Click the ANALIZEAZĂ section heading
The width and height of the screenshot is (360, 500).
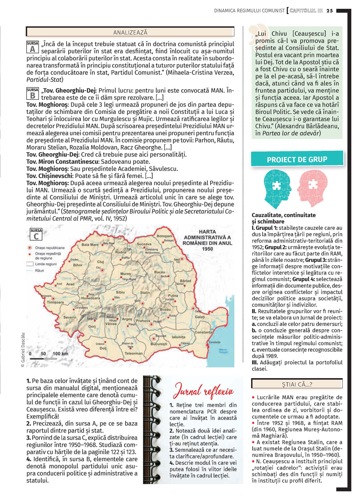pyautogui.click(x=130, y=32)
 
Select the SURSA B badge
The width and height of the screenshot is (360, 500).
pyautogui.click(x=32, y=94)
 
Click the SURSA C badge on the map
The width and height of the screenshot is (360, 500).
pyautogui.click(x=36, y=234)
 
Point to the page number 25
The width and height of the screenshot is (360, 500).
pyautogui.click(x=330, y=11)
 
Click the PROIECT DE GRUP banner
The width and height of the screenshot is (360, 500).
pyautogui.click(x=297, y=159)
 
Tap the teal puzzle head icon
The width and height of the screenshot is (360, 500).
pyautogui.click(x=277, y=188)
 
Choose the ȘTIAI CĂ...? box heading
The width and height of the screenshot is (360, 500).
pyautogui.click(x=297, y=384)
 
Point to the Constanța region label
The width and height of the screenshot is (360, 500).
pyautogui.click(x=203, y=332)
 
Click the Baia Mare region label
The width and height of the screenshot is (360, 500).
pyautogui.click(x=90, y=245)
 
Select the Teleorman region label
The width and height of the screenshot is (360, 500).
pyautogui.click(x=133, y=353)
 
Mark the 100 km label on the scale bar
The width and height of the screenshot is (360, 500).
pyautogui.click(x=60, y=354)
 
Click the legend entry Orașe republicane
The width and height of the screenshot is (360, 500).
pyautogui.click(x=50, y=248)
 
